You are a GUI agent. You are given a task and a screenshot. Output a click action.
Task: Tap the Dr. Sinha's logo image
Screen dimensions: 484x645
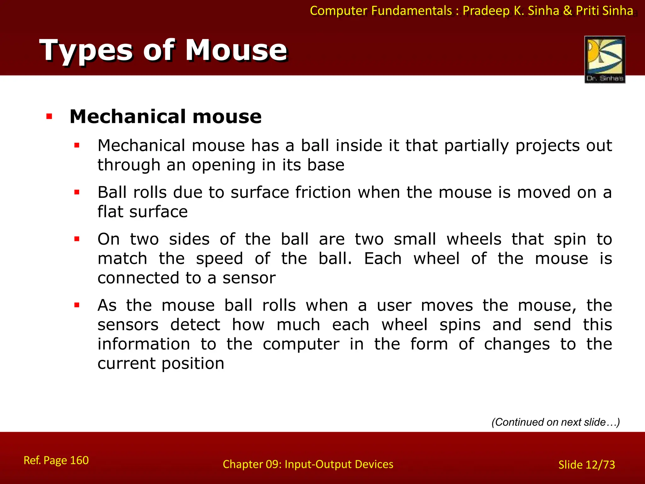pyautogui.click(x=605, y=59)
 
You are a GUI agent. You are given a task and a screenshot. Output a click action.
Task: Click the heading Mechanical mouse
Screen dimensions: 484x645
pyautogui.click(x=165, y=117)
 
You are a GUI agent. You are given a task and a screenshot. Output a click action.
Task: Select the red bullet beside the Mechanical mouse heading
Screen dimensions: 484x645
pyautogui.click(x=49, y=117)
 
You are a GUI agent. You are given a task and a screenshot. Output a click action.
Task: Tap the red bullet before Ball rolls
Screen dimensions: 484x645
pyautogui.click(x=77, y=192)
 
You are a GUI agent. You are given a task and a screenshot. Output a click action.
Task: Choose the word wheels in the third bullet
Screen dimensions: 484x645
pyautogui.click(x=474, y=239)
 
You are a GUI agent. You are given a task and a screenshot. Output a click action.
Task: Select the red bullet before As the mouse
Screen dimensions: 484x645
pyautogui.click(x=77, y=305)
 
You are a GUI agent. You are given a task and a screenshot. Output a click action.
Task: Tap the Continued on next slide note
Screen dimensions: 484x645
pyautogui.click(x=556, y=422)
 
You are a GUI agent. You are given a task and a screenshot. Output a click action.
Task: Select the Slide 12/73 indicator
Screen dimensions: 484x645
pyautogui.click(x=586, y=465)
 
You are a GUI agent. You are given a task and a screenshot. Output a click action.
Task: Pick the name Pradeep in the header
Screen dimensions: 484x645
pyautogui.click(x=486, y=11)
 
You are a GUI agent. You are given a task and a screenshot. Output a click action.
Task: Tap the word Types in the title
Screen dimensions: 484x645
pyautogui.click(x=86, y=50)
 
